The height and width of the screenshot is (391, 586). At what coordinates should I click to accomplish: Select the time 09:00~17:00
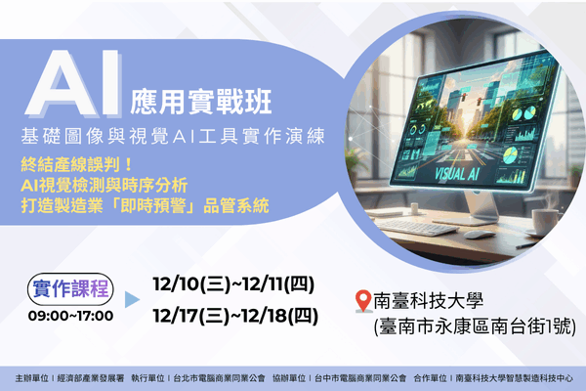(x=70, y=315)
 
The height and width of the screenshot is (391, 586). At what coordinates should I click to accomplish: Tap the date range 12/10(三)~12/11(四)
(x=233, y=284)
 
